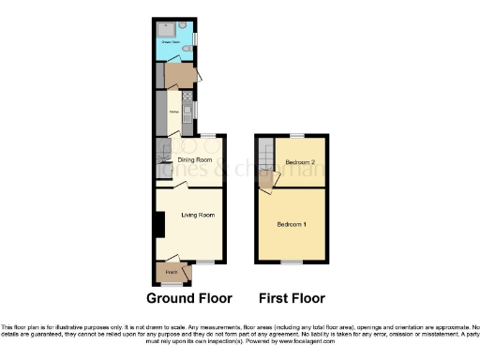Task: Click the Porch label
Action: [x=172, y=273]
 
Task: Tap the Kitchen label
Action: [x=174, y=112]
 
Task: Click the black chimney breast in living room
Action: [x=159, y=224]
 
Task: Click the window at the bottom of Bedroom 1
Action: [x=291, y=263]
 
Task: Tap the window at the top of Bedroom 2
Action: [x=298, y=137]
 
